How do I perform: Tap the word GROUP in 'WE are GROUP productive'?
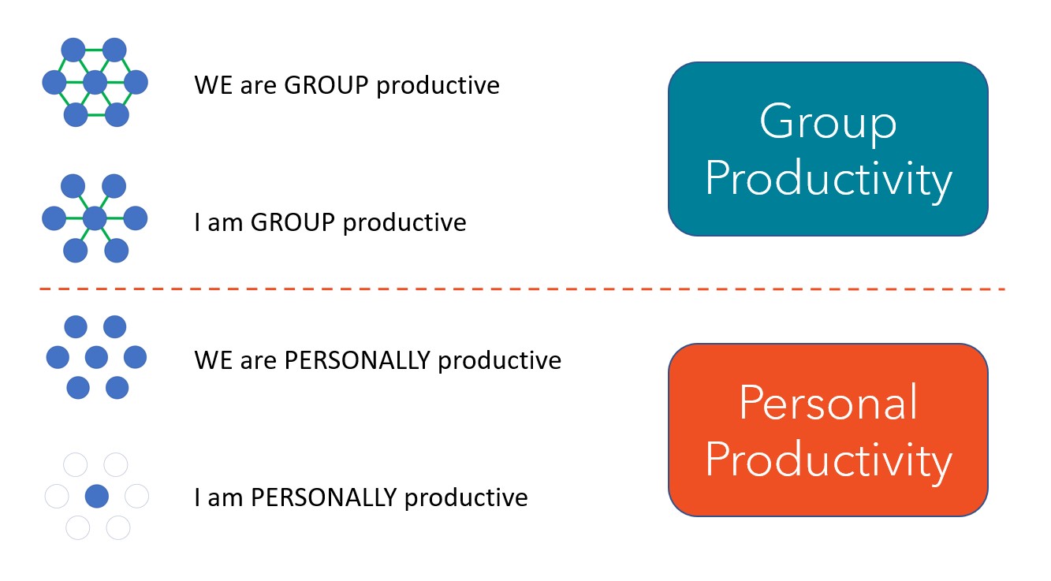tap(326, 84)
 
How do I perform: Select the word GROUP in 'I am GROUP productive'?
tap(293, 222)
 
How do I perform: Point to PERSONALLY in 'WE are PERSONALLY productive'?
tap(356, 360)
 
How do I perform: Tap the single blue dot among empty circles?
tap(96, 496)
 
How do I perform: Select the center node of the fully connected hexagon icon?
tap(95, 81)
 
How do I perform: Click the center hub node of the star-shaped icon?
tap(95, 218)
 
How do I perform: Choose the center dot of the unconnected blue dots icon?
tap(96, 357)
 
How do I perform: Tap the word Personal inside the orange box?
tap(828, 403)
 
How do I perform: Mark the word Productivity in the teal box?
tap(828, 180)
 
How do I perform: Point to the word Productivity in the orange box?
tap(828, 460)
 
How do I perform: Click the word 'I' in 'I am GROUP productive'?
tap(197, 222)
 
